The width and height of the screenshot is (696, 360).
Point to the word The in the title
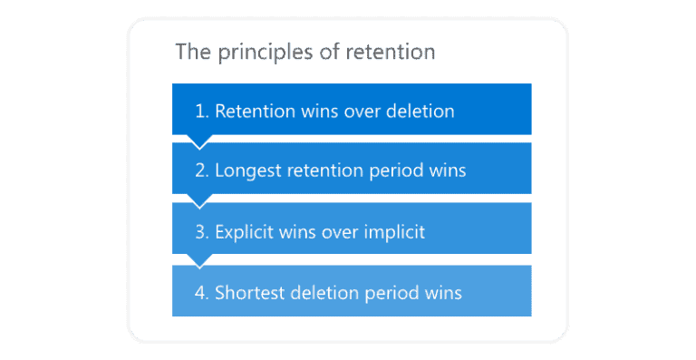point(192,52)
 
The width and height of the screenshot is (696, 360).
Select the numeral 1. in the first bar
point(202,111)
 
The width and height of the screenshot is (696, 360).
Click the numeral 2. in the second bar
point(202,171)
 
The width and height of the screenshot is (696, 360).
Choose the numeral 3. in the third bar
point(202,232)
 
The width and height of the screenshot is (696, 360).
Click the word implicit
point(391,232)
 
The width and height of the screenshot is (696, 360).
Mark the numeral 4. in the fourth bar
point(202,293)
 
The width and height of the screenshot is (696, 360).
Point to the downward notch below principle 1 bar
point(198,141)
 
